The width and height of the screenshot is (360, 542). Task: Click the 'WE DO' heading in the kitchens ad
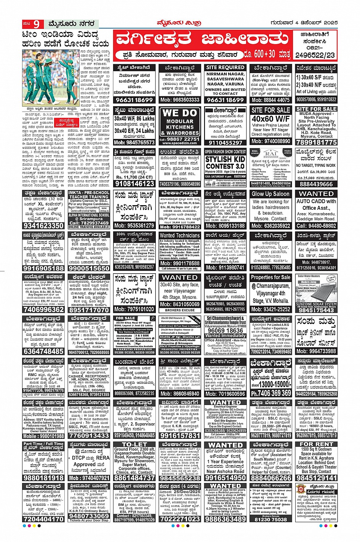pos(180,113)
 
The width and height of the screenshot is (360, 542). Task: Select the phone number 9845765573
pos(134,142)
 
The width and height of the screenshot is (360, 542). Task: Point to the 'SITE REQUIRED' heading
pos(225,67)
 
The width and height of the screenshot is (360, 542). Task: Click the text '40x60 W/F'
pos(271,118)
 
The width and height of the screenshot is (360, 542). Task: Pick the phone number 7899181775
pos(316,142)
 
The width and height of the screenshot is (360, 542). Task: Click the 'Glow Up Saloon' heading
pos(270,194)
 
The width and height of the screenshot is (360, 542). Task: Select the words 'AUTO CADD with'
pos(316,201)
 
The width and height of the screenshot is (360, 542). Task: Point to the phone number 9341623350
pos(44,225)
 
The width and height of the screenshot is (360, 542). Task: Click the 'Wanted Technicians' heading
pos(180,235)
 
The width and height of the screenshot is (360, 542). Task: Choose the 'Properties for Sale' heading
pos(271,277)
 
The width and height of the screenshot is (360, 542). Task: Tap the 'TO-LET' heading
pos(134,444)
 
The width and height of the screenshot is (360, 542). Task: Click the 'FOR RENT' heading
pos(316,444)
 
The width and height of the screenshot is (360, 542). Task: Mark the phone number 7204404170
pos(44,518)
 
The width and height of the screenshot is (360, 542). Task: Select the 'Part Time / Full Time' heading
pos(44,444)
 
